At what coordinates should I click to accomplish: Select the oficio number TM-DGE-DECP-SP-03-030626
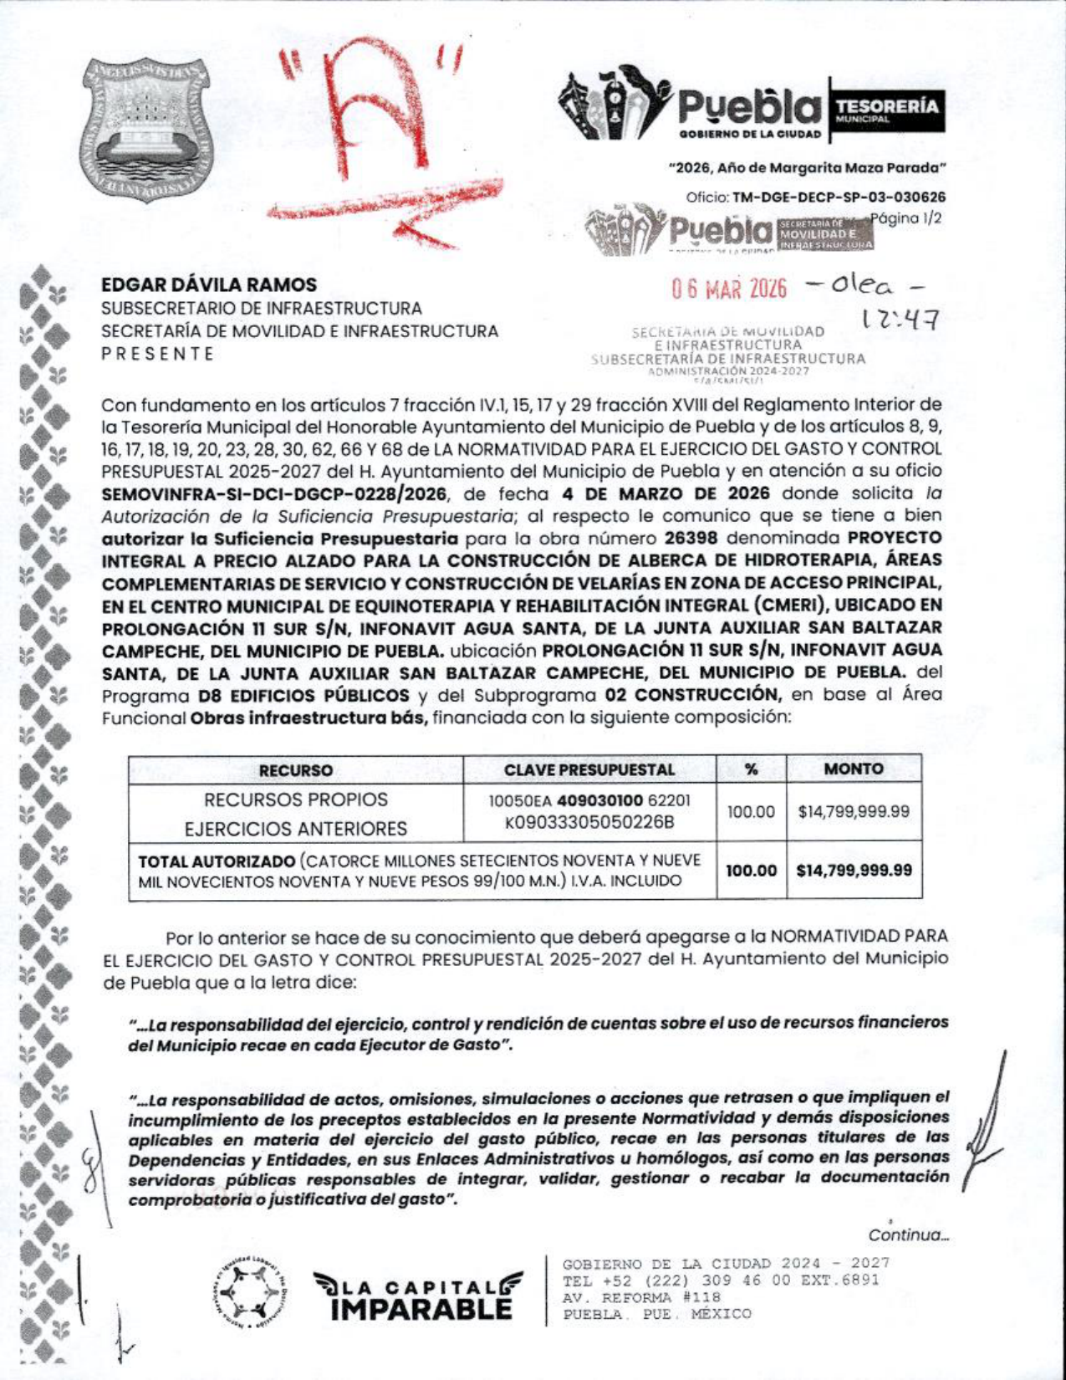point(839,198)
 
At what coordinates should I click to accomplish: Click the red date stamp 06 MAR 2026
point(729,289)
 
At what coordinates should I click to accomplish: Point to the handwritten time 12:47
point(900,319)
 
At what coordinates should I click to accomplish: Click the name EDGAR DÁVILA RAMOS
point(209,285)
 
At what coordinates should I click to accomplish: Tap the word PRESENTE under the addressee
point(158,354)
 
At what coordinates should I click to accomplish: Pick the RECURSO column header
point(295,770)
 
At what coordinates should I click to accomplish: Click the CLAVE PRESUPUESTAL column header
point(589,769)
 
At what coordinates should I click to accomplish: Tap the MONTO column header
point(853,769)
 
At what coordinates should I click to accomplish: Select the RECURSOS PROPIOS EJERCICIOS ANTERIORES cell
point(295,814)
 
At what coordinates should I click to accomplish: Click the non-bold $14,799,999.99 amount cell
point(854,811)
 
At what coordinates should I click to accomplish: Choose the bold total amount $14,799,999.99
point(854,871)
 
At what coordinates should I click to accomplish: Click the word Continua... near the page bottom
point(908,1235)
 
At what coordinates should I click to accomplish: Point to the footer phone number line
point(721,1280)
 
